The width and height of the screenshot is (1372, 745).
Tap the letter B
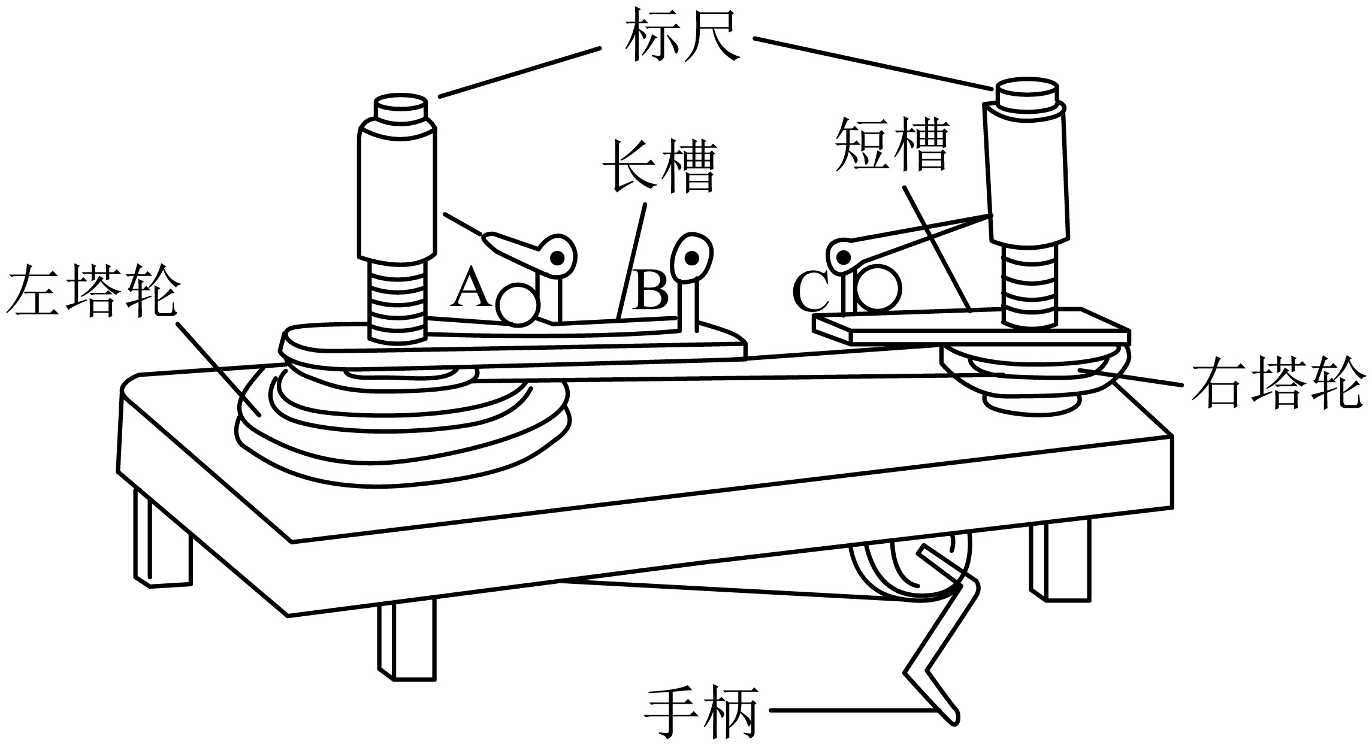coord(650,291)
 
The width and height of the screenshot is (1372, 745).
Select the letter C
coord(812,292)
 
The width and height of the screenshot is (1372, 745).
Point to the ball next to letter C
coord(878,289)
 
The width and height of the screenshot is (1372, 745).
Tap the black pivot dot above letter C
coord(844,258)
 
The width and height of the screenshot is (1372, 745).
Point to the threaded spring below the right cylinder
coord(1028,284)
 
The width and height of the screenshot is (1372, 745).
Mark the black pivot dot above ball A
coord(558,258)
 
